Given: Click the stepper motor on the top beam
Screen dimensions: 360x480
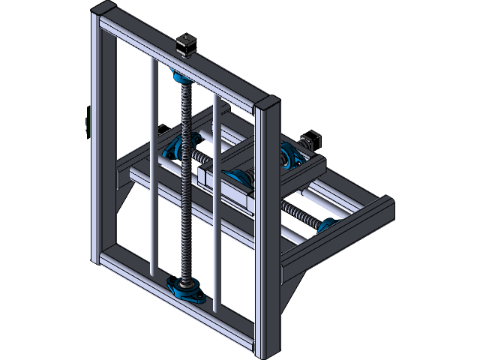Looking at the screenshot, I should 185,44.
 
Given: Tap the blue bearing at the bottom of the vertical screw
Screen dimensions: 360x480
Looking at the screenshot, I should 185,286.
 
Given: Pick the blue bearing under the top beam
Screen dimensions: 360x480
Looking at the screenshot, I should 180,76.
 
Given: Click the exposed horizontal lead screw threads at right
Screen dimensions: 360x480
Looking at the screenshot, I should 300,213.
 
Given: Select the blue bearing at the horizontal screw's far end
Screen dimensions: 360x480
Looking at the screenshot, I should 327,224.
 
